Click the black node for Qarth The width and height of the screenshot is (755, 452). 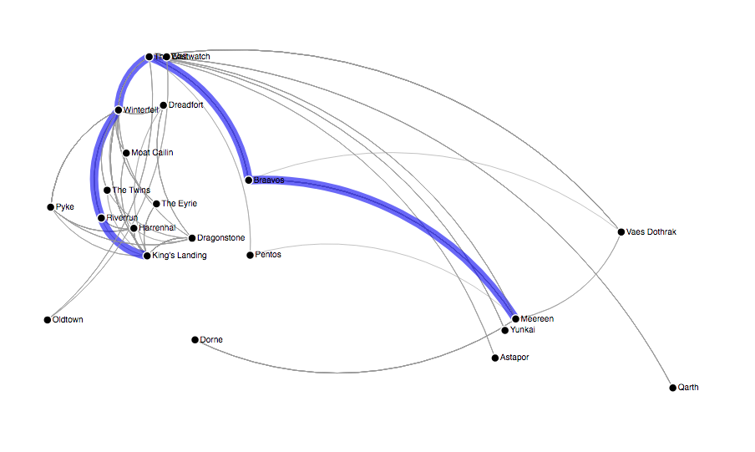(672, 388)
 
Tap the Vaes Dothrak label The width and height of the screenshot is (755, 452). (651, 232)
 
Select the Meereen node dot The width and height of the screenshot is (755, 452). (516, 318)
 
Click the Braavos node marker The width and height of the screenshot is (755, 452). (249, 180)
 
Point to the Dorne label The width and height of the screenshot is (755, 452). (211, 340)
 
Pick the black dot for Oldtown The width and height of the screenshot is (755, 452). (48, 320)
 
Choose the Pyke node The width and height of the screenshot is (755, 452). (50, 206)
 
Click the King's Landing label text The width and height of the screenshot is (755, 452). (180, 256)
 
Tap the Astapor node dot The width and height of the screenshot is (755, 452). (494, 358)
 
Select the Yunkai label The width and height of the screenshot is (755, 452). (522, 330)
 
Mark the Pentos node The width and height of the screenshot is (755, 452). (250, 255)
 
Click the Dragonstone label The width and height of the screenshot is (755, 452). (221, 238)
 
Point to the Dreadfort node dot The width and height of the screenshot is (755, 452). (164, 105)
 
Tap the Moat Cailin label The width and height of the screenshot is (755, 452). (152, 153)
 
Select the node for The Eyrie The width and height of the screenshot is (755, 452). (156, 204)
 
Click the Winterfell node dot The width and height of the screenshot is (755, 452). (119, 110)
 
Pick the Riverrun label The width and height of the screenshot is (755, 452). (122, 218)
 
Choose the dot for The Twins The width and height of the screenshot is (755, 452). (107, 190)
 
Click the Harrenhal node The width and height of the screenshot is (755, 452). (134, 227)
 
